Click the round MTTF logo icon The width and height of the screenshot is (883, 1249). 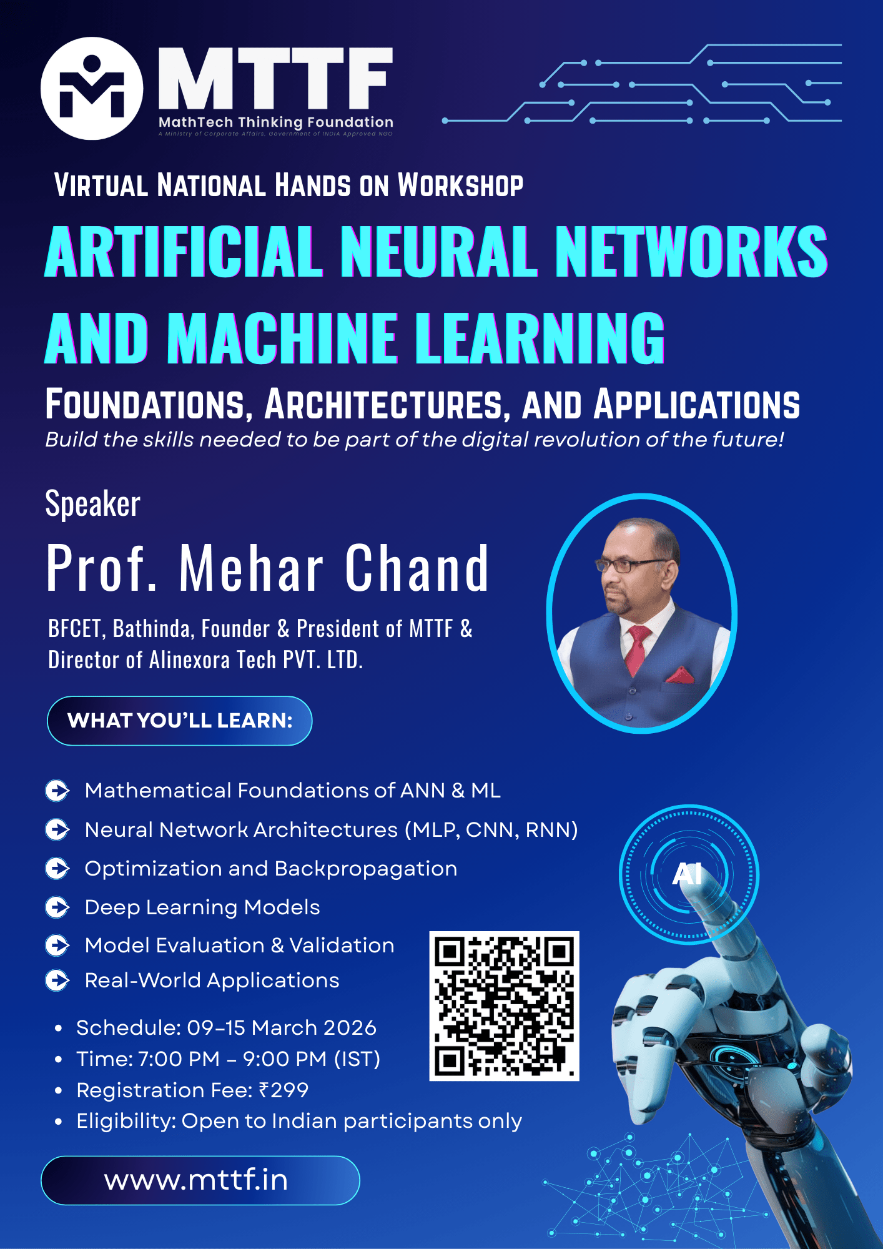(92, 88)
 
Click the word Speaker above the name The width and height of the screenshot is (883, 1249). (93, 503)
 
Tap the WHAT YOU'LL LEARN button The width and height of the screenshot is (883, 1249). (180, 721)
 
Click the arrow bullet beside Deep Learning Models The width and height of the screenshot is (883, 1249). (57, 907)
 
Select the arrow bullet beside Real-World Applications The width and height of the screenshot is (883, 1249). (57, 980)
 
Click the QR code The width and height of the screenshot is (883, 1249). (505, 1006)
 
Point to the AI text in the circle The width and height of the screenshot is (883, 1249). (687, 874)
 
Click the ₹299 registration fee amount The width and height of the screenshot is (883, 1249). (284, 1090)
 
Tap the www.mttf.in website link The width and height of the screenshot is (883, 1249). (196, 1180)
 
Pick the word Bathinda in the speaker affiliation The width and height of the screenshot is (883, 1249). (152, 628)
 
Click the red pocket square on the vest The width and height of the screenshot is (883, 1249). (679, 675)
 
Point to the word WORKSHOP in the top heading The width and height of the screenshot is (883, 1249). (461, 185)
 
